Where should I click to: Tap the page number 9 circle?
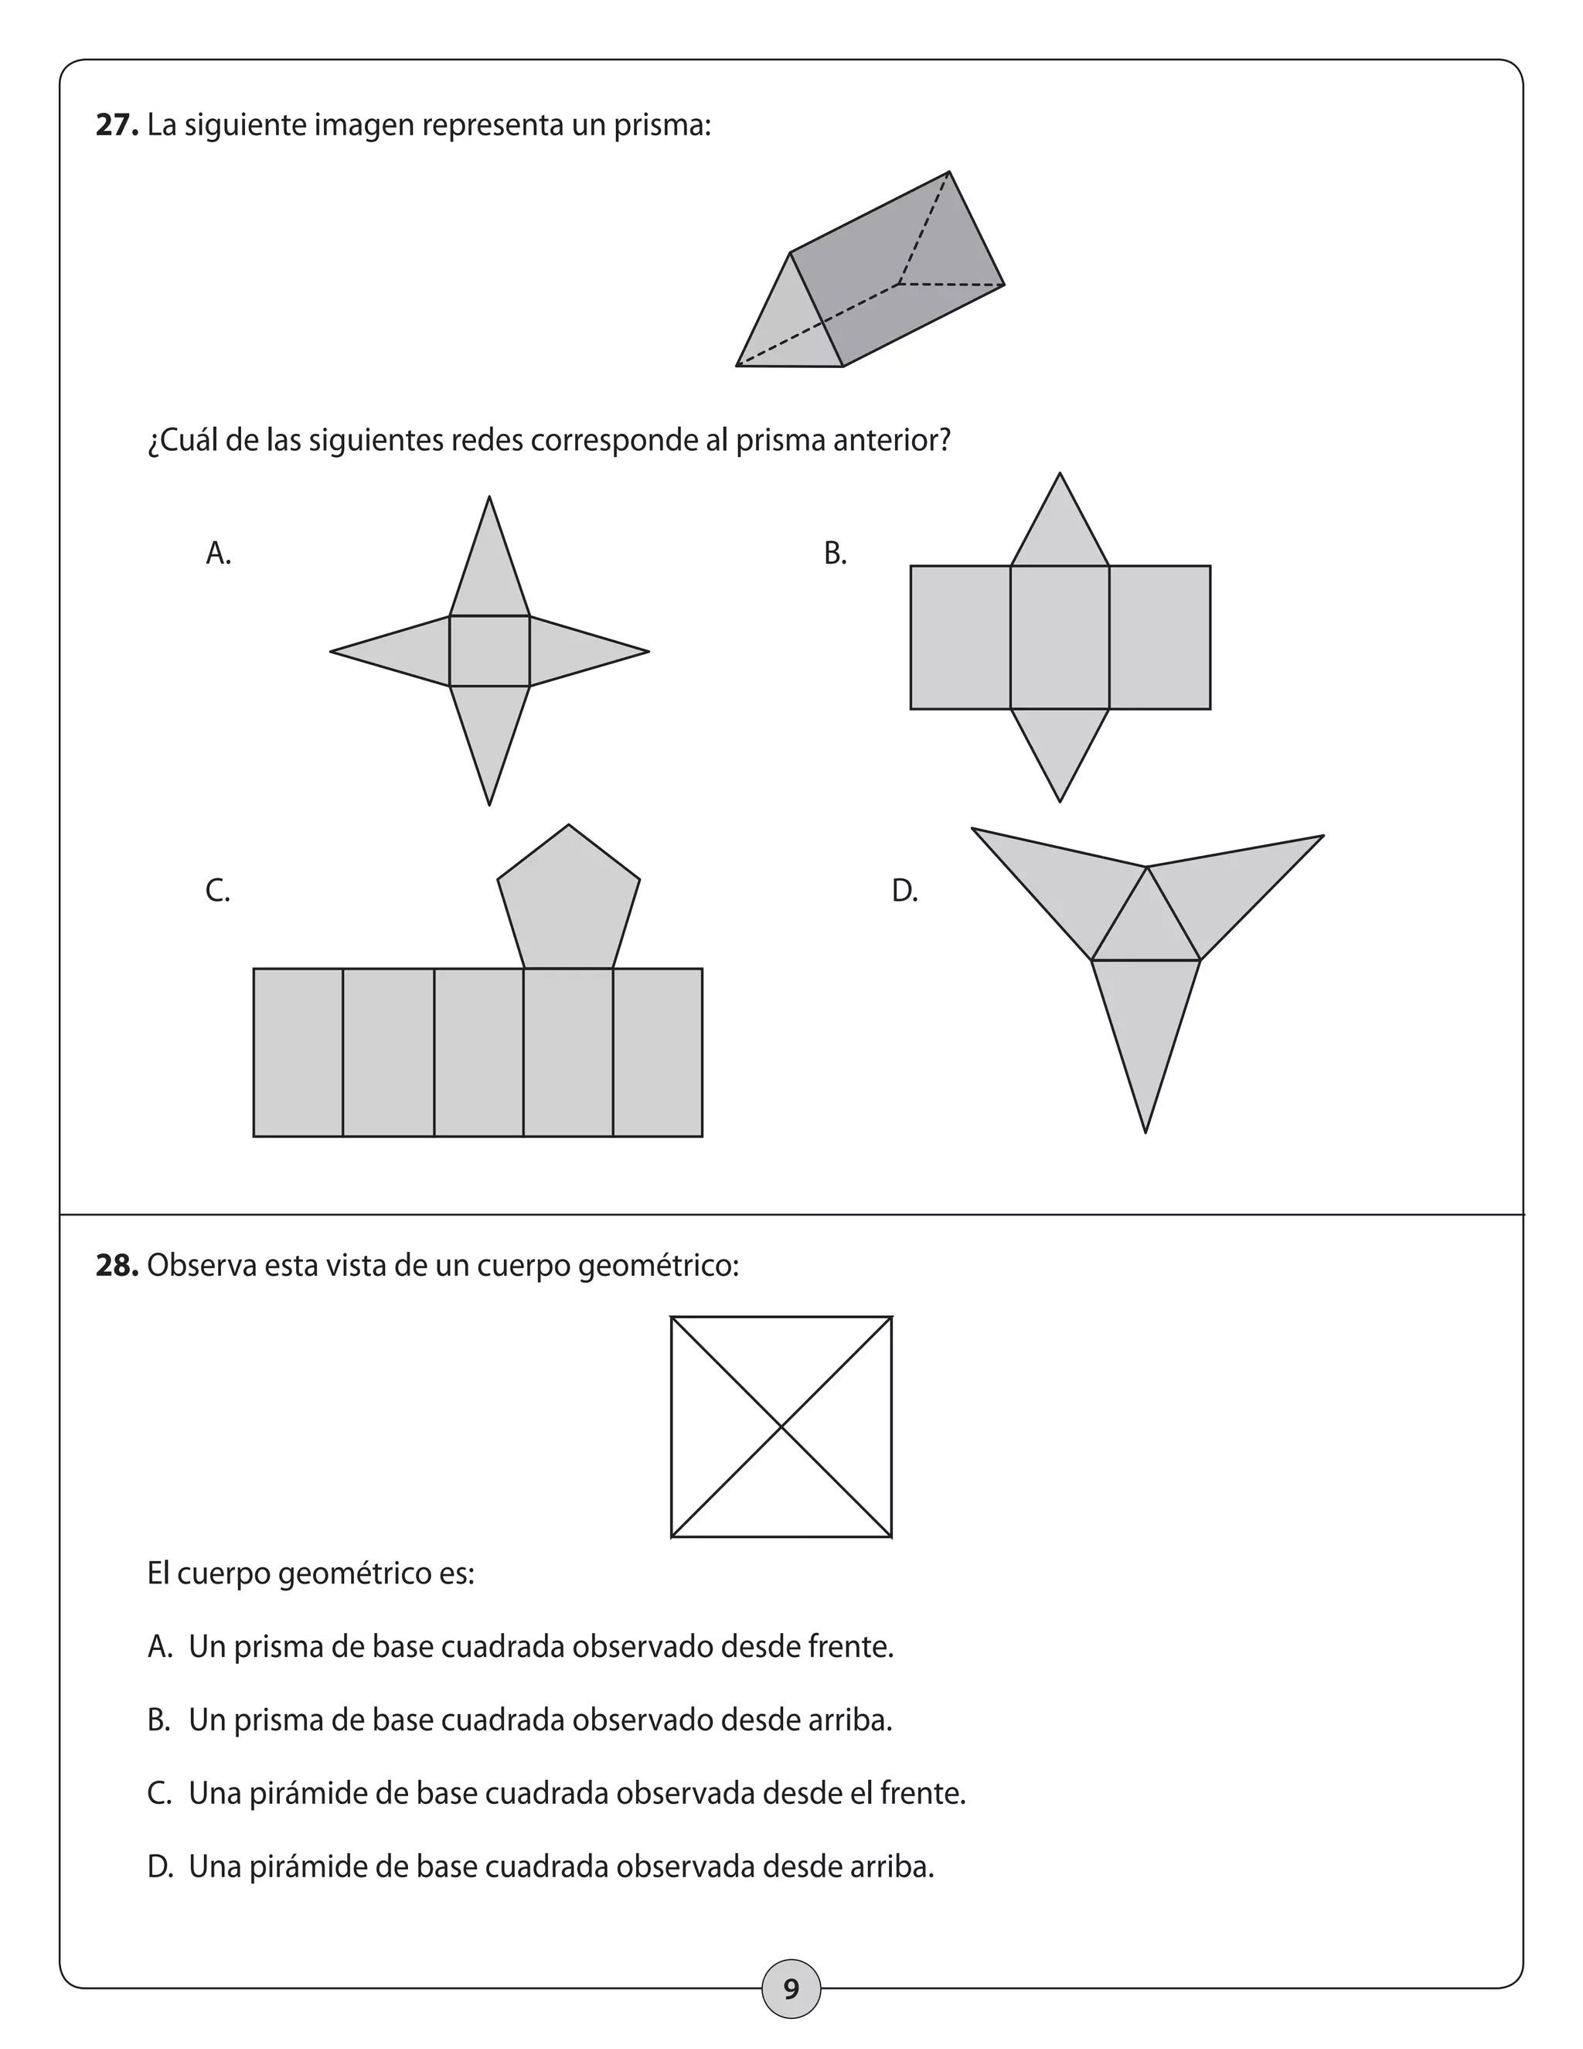(x=791, y=1988)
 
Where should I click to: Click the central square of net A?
(x=489, y=651)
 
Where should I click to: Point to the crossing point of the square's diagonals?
(x=781, y=1427)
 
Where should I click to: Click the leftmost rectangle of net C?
(x=298, y=1052)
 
